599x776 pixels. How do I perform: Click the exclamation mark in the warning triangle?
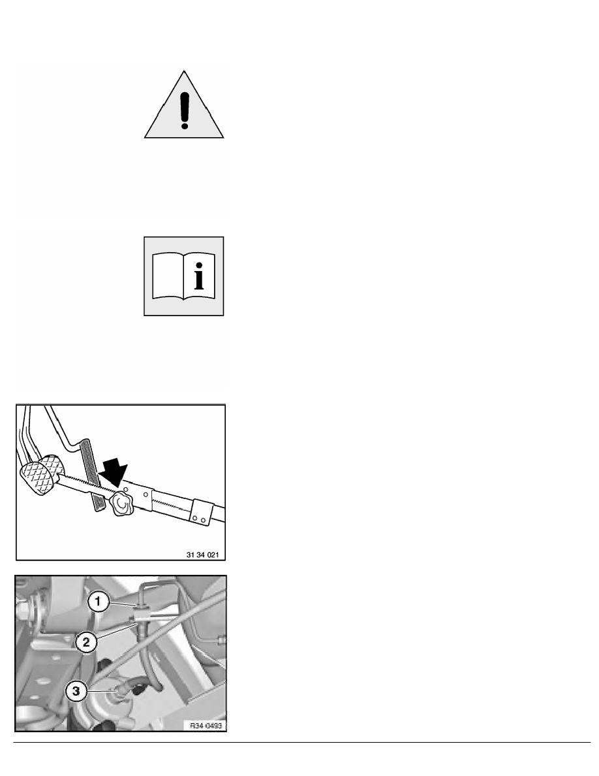(x=184, y=107)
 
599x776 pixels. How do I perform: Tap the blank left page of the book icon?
(x=168, y=278)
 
